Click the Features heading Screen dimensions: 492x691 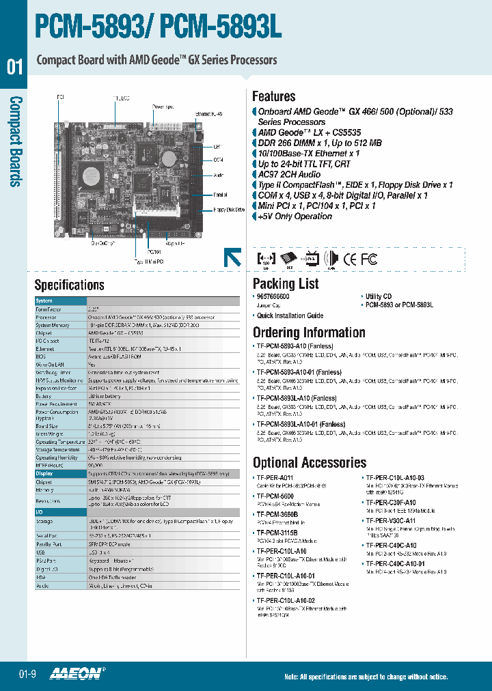(x=273, y=96)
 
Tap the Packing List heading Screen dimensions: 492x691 (x=286, y=283)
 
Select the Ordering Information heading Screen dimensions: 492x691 (x=309, y=333)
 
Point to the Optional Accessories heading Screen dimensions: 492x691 (x=310, y=462)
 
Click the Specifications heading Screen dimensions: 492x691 (x=69, y=285)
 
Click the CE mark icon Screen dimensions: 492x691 (x=349, y=259)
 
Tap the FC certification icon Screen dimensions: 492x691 (x=369, y=259)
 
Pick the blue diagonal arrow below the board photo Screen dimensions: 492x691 (x=232, y=257)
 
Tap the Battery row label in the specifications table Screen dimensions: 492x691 (x=44, y=396)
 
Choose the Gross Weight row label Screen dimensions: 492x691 (x=49, y=434)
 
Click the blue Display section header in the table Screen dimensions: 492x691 (x=44, y=473)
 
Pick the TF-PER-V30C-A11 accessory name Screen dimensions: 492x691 (x=390, y=520)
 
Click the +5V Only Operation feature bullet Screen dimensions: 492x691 (x=295, y=216)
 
